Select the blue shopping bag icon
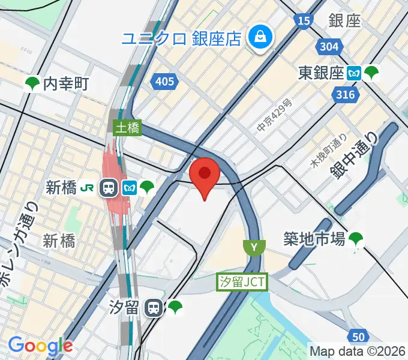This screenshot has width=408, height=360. click(x=261, y=38)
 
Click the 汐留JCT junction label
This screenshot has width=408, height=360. click(x=241, y=281)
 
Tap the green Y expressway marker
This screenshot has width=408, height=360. click(x=254, y=247)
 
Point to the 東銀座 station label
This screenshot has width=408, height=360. click(x=321, y=73)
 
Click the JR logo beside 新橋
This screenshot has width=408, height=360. click(x=88, y=188)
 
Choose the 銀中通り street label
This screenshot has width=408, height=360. click(x=355, y=155)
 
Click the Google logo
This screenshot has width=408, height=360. click(x=40, y=346)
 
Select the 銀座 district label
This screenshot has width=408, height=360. click(x=344, y=20)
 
